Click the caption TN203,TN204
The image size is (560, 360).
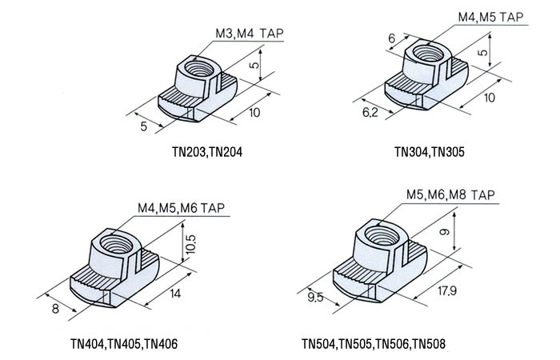pos(202,149)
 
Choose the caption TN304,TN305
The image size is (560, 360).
pos(430,150)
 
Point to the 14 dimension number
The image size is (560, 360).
pos(175,294)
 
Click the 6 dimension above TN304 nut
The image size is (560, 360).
pos(391,38)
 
